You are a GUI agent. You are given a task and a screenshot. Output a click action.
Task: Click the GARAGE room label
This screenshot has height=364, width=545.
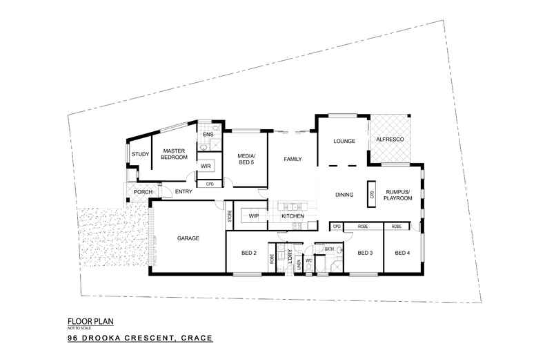coord(188,238)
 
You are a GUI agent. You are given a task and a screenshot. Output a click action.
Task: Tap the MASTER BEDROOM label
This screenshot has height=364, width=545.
coord(174,154)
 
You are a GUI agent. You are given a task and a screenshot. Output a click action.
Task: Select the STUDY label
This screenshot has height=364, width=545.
coord(140,154)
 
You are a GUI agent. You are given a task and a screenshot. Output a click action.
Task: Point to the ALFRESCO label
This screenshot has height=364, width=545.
coord(390,141)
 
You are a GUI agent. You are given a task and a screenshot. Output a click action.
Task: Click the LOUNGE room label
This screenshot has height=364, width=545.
coord(344,142)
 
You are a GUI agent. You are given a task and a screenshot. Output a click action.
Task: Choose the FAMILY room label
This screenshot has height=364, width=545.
coord(293,160)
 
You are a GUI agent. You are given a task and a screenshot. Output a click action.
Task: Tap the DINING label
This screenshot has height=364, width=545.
coord(344,195)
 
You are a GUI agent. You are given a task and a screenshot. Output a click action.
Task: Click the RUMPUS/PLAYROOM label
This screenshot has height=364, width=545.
coord(399,195)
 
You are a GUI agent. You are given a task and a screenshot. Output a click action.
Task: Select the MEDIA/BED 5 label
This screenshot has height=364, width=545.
coord(246,160)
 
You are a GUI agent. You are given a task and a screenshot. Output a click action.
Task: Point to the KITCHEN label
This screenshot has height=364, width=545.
coord(293,217)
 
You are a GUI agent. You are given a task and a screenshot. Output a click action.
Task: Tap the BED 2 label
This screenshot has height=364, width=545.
coord(250,253)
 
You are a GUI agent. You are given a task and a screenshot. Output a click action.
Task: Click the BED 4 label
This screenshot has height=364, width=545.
coord(402,253)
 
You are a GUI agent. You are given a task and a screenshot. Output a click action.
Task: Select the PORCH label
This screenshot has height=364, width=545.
coord(143,192)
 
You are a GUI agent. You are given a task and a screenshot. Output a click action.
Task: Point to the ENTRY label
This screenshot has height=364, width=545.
coord(184,192)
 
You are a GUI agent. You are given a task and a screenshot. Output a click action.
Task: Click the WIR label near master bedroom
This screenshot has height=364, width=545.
coord(205,166)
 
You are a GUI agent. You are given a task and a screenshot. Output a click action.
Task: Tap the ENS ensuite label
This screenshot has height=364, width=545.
coord(207,134)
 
